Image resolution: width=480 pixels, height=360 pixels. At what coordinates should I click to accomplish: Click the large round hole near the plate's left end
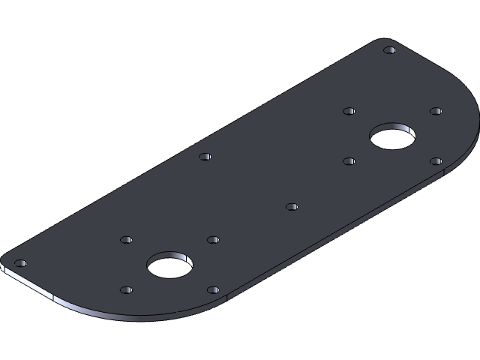169,265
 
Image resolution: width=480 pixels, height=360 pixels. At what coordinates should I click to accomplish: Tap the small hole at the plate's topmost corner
389,50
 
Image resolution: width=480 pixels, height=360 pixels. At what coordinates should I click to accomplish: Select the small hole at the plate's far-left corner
20,263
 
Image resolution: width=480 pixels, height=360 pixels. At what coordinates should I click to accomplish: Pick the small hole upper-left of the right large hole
349,111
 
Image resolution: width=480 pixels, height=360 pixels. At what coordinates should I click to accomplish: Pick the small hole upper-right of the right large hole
436,111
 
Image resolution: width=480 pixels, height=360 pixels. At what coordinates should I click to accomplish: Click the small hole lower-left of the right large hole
349,160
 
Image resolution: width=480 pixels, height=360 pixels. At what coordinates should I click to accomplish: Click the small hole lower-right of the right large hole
436,160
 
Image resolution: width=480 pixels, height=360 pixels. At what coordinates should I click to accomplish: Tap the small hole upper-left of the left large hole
126,240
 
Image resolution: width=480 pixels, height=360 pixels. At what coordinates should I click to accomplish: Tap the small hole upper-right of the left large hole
213,240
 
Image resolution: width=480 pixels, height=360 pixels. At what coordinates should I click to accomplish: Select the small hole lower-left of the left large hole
126,289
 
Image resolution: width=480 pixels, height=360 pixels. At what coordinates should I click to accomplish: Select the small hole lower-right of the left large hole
213,289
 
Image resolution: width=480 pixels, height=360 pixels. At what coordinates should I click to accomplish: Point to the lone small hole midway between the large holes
292,206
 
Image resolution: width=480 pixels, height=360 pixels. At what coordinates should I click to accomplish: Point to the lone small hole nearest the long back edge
205,157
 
